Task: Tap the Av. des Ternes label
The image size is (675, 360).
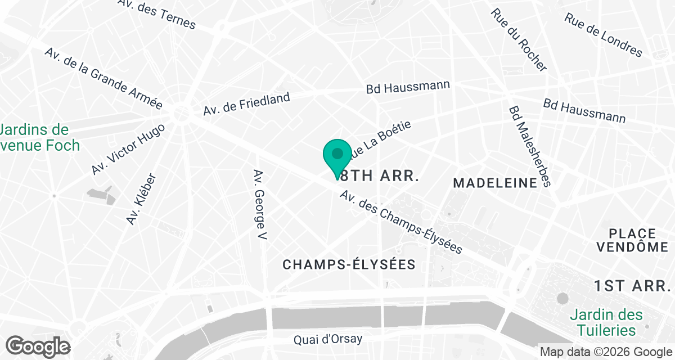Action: click(157, 14)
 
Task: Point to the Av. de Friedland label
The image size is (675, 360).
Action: click(247, 104)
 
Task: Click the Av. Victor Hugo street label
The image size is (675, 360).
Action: click(128, 149)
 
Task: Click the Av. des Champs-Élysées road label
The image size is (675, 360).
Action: click(401, 222)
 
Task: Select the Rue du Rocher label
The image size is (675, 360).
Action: click(518, 39)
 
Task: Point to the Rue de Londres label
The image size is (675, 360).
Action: click(603, 35)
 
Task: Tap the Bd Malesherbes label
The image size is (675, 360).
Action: click(529, 147)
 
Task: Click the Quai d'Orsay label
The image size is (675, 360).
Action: click(328, 340)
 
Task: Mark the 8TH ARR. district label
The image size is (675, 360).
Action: click(381, 175)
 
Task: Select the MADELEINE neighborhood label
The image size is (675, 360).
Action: click(496, 183)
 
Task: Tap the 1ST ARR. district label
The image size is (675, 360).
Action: click(632, 286)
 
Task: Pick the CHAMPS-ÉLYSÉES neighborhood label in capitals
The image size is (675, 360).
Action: click(349, 264)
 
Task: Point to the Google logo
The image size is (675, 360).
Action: click(38, 346)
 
